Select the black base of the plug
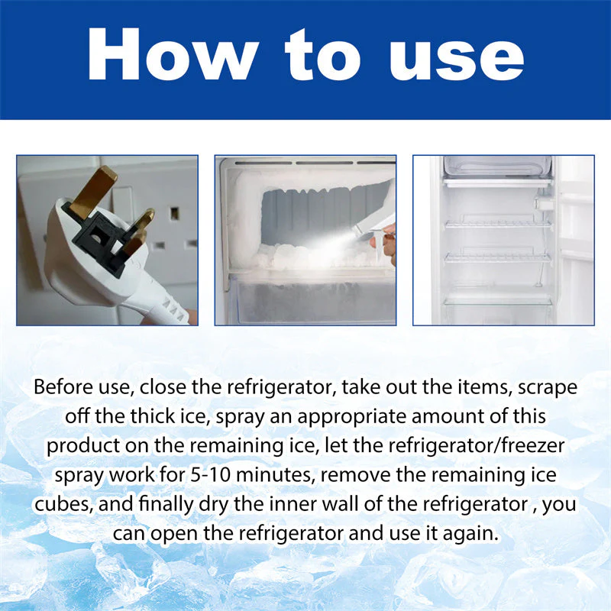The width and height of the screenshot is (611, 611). click(x=99, y=237)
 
